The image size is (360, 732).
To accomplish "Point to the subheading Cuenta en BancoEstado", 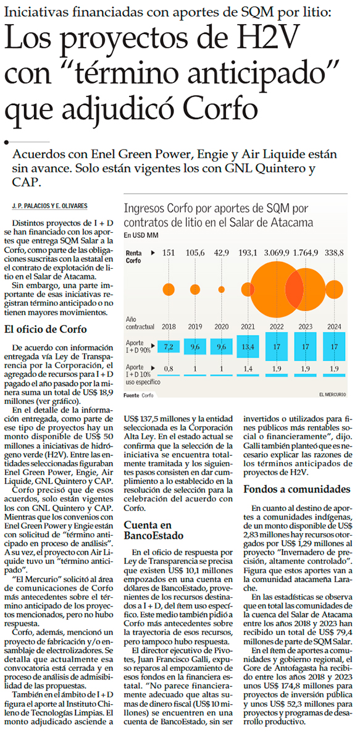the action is tap(153, 530).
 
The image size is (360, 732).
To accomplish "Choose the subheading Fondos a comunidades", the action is tap(298, 489).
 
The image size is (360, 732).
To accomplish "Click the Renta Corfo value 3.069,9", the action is tap(275, 253).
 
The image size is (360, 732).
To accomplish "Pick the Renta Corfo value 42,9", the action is tap(221, 253).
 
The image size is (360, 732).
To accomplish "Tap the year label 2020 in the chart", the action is tap(221, 326).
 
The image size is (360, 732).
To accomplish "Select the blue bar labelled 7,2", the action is tap(169, 346).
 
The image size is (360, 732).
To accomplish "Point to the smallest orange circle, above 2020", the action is tap(221, 290).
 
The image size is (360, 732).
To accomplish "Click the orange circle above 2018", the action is tap(169, 290).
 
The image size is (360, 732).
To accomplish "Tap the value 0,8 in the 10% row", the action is tap(169, 369).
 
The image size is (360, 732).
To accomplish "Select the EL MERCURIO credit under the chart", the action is tap(332, 395).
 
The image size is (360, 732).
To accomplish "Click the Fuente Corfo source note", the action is tap(138, 395).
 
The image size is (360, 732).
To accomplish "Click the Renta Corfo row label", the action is tap(135, 256).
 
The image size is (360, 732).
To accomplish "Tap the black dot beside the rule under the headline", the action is tap(6, 142).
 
